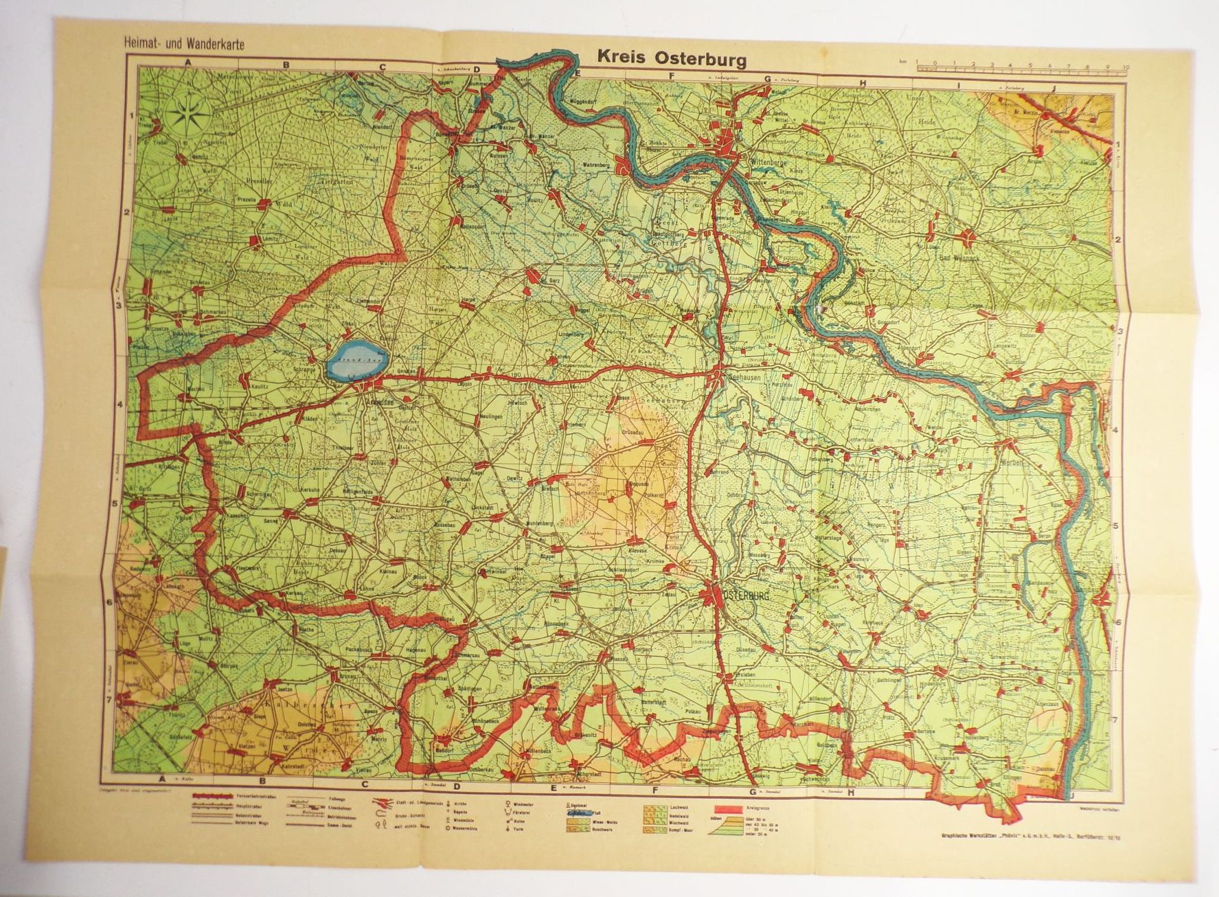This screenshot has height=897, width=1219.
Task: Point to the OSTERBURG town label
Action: coord(745,597)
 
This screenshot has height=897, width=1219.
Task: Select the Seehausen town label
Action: coord(740,385)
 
